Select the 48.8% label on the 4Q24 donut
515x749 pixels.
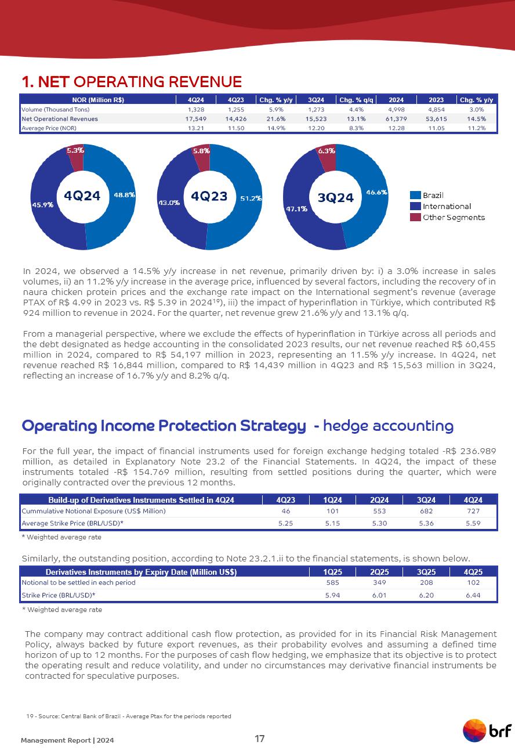tap(124, 195)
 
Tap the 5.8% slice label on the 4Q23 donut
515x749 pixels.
tap(201, 150)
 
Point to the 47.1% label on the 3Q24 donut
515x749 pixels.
tap(296, 209)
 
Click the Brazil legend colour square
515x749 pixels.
tap(415, 195)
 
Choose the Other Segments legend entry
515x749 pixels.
tap(453, 217)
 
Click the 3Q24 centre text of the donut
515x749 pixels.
tap(336, 197)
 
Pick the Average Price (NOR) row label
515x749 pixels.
tap(45, 128)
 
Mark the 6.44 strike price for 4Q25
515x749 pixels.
tap(473, 595)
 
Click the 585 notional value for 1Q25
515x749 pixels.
tap(332, 582)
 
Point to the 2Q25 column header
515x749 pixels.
tap(379, 572)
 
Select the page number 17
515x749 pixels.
tap(259, 739)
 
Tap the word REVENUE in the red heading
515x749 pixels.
tap(202, 81)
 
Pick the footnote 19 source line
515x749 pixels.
tap(129, 716)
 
